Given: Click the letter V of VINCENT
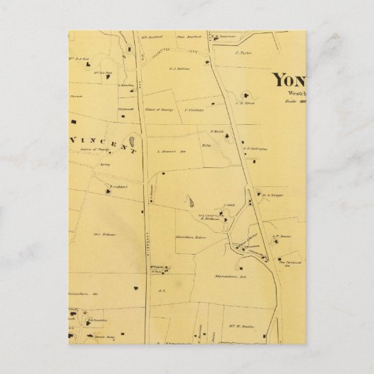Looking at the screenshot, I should pyautogui.click(x=75, y=141).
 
